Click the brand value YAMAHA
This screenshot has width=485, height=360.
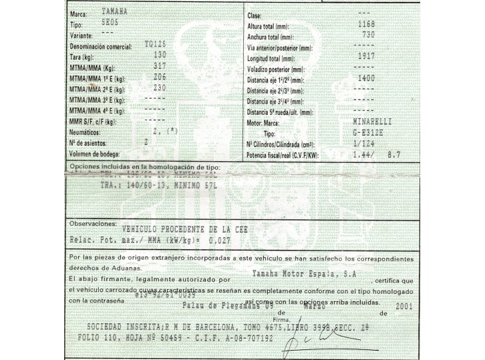pos(117,12)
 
